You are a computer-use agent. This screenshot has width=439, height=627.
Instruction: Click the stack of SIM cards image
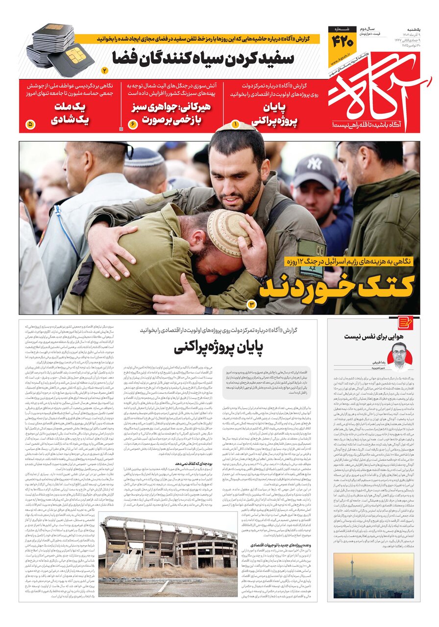tap(59, 49)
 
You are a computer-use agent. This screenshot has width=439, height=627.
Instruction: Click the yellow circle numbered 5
tap(30, 125)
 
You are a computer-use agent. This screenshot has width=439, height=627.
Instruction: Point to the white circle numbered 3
tap(252, 305)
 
